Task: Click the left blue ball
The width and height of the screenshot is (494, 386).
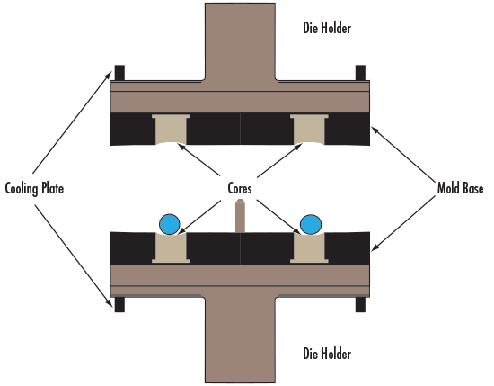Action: (170, 224)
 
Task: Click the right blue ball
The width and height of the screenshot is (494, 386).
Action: (311, 224)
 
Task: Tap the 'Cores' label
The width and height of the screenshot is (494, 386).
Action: (240, 188)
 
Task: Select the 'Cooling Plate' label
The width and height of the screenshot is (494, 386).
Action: (34, 189)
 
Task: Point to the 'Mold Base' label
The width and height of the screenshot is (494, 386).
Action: (460, 188)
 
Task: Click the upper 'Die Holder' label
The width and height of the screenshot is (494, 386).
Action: (327, 28)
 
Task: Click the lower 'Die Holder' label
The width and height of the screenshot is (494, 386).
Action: (327, 354)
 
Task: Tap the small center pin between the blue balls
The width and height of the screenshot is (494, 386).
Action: (240, 216)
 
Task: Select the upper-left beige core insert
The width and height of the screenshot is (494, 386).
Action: (171, 130)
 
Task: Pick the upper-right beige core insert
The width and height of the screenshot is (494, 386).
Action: (309, 130)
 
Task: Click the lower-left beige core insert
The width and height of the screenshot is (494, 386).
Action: (171, 247)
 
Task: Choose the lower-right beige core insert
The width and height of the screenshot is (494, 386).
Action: (309, 247)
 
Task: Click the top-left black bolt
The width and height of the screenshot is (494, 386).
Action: (119, 73)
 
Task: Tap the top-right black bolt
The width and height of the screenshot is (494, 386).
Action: (360, 73)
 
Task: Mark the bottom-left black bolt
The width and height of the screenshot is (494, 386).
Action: (119, 304)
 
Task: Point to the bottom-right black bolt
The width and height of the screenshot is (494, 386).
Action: (360, 304)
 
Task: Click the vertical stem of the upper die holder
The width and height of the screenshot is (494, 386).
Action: (240, 41)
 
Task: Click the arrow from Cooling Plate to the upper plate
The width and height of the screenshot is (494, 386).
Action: (72, 122)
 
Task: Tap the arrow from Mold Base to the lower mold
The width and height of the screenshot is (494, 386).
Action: (403, 223)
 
